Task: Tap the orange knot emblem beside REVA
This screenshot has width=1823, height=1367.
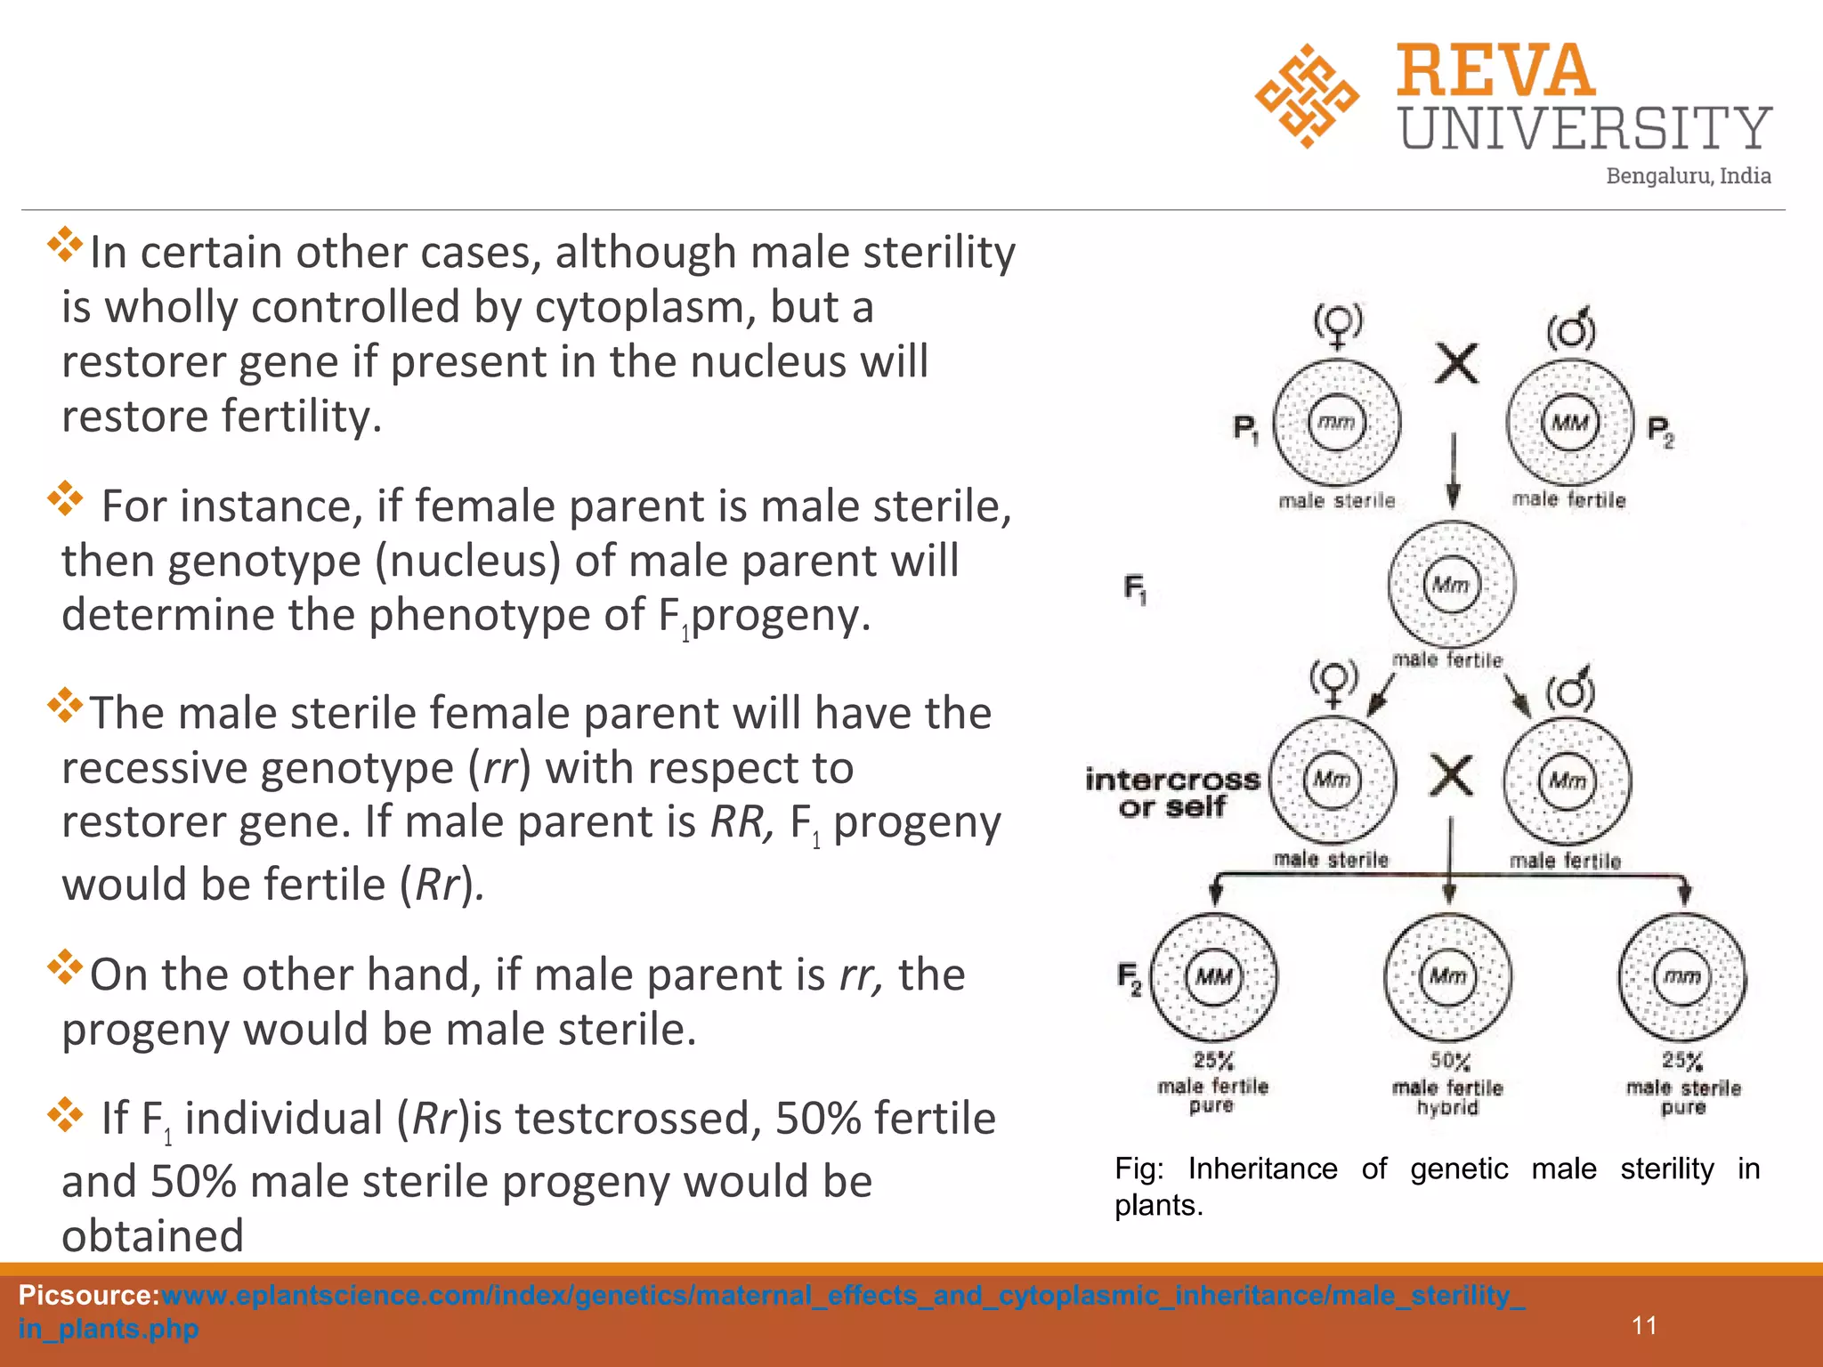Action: (1306, 96)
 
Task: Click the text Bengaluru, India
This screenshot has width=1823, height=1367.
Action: (1688, 176)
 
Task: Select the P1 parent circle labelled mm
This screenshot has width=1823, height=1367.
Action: (1336, 424)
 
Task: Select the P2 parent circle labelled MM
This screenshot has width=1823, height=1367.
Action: (1570, 424)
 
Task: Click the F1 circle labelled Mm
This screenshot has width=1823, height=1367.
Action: (1451, 585)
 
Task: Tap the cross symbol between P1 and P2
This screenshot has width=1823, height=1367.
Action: (1457, 364)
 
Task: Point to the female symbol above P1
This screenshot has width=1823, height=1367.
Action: (1338, 326)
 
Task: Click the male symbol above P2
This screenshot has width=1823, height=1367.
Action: (1571, 329)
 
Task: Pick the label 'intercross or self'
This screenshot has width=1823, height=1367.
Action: (1172, 793)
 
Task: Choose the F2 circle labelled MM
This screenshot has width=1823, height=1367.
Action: (1213, 977)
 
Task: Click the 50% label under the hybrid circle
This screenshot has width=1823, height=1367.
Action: (1450, 1062)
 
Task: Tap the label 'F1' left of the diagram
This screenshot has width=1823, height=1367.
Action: (1135, 588)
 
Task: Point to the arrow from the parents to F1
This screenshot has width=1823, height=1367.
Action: (1454, 472)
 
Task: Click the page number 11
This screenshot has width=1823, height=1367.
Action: (1644, 1326)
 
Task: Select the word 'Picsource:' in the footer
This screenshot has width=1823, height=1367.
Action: (88, 1295)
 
